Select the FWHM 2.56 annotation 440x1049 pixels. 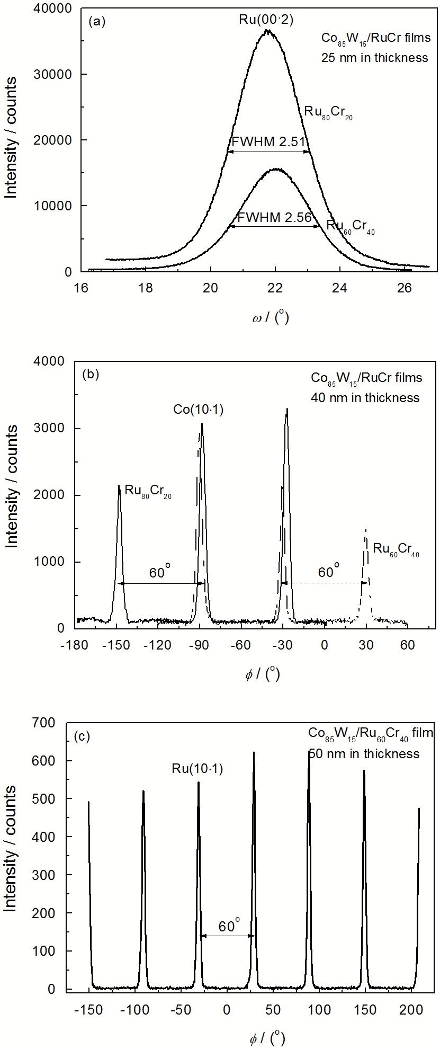click(x=274, y=217)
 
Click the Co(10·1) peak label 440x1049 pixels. click(x=199, y=409)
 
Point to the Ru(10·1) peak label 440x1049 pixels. click(x=197, y=768)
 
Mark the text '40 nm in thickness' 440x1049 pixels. click(x=365, y=397)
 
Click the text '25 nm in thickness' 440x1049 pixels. click(x=374, y=58)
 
